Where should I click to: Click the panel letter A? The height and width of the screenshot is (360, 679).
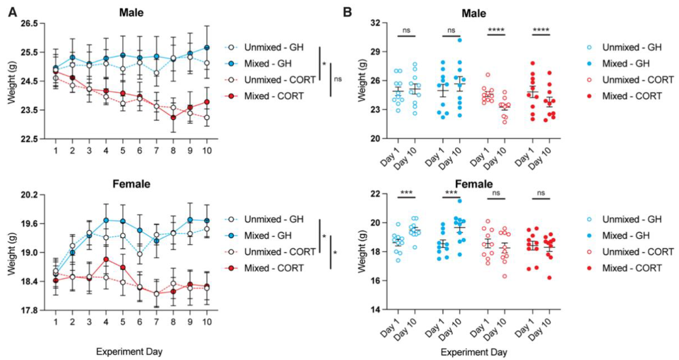(x=13, y=12)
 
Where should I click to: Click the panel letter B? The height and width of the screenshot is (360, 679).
(x=347, y=12)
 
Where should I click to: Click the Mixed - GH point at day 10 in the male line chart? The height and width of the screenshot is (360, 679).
(x=207, y=48)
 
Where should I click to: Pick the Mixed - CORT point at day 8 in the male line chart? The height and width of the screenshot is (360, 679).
(x=173, y=117)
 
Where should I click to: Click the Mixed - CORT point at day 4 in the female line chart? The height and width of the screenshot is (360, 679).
(x=106, y=259)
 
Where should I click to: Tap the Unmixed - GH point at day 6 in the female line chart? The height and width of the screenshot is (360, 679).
(x=140, y=254)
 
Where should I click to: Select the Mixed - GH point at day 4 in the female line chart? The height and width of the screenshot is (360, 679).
(x=106, y=220)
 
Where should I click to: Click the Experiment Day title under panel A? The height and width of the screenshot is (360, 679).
(x=129, y=351)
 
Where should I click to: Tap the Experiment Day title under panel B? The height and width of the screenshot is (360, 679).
(x=474, y=352)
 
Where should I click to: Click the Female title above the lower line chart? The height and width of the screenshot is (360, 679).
(x=131, y=184)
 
